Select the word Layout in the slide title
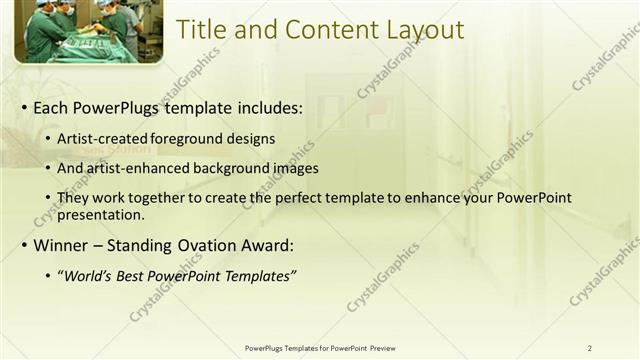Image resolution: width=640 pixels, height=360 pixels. (x=421, y=30)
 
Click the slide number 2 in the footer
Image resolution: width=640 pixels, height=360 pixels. (x=589, y=348)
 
